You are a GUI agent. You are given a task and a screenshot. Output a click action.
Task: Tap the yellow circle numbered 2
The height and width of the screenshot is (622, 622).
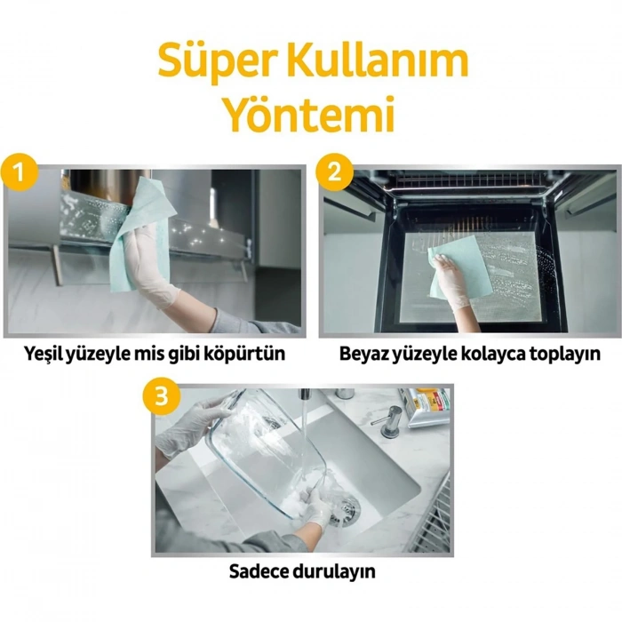pyautogui.click(x=335, y=171)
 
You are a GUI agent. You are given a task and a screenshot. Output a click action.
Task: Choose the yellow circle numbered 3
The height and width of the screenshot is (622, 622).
pyautogui.click(x=161, y=396)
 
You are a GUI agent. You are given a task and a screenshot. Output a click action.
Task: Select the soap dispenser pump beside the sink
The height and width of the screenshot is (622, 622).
pyautogui.click(x=387, y=417)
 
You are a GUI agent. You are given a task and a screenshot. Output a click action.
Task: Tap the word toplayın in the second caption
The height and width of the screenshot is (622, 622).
pyautogui.click(x=566, y=354)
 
